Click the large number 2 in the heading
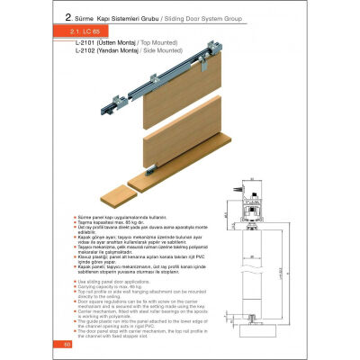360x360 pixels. tap(68, 15)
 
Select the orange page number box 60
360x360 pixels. tap(55, 344)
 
